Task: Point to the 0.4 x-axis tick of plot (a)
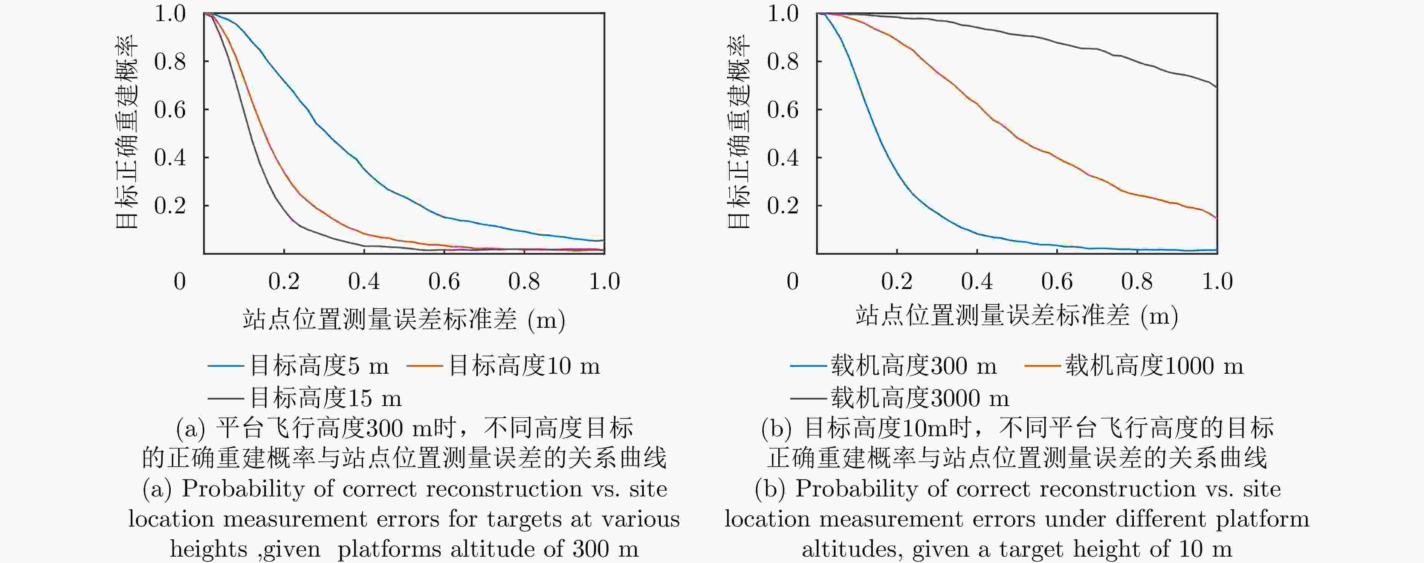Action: click(x=364, y=251)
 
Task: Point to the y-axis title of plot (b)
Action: click(x=738, y=132)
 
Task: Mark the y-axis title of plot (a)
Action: click(x=126, y=132)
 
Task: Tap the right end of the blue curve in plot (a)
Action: click(x=604, y=240)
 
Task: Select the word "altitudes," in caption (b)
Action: click(x=852, y=549)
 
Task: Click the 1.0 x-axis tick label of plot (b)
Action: click(x=1217, y=282)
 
